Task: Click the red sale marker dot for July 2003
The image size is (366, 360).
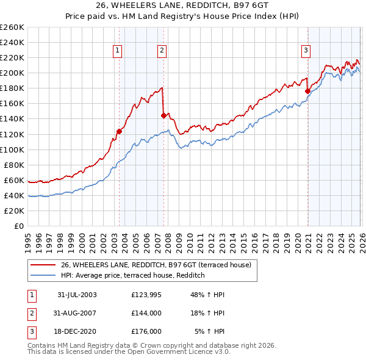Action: coord(119,131)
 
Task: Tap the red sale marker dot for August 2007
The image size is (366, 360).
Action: coord(163,115)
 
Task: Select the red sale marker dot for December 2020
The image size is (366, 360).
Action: coord(307,91)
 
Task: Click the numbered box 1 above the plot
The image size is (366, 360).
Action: coord(117,51)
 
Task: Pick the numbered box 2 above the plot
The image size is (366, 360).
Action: coord(162,51)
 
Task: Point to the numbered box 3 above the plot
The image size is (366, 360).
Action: coord(306,51)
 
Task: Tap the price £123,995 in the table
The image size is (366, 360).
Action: coord(146,295)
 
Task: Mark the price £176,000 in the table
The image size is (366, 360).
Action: coord(146,331)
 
